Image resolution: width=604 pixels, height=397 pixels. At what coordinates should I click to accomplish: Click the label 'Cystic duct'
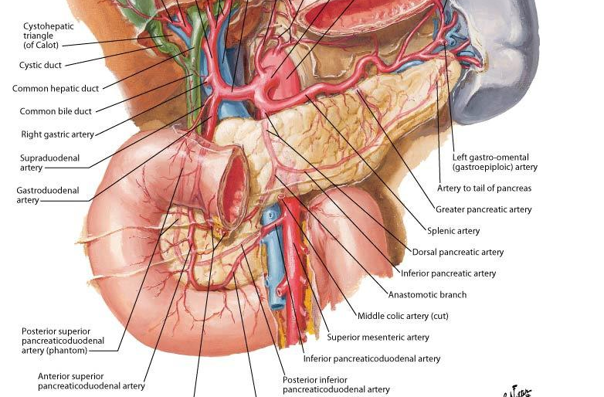pyautogui.click(x=40, y=66)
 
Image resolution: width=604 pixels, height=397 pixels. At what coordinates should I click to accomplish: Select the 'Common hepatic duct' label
pyautogui.click(x=56, y=89)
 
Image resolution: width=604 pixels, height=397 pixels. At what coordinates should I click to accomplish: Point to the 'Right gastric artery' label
pyautogui.click(x=57, y=134)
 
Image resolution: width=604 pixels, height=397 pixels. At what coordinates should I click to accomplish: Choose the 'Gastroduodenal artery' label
pyautogui.click(x=47, y=195)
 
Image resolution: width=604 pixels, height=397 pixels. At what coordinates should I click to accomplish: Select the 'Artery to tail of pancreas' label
pyautogui.click(x=484, y=188)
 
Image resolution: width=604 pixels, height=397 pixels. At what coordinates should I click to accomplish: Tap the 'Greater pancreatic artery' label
pyautogui.click(x=484, y=209)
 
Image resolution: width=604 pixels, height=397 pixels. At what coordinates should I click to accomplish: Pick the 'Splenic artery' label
pyautogui.click(x=453, y=231)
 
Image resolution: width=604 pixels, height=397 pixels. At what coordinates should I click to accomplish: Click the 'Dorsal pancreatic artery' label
pyautogui.click(x=457, y=252)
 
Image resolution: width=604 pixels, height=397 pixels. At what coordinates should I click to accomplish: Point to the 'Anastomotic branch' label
pyautogui.click(x=427, y=294)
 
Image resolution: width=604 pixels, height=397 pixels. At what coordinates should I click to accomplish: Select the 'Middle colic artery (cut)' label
pyautogui.click(x=402, y=316)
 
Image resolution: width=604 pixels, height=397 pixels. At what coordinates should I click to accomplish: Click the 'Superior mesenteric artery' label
pyautogui.click(x=378, y=337)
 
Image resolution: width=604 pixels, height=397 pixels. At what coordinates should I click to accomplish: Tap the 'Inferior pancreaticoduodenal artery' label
pyautogui.click(x=372, y=358)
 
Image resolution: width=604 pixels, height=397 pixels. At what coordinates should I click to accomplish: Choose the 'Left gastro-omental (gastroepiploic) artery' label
pyautogui.click(x=494, y=162)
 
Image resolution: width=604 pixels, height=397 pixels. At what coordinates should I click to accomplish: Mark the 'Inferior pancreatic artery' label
pyautogui.click(x=448, y=273)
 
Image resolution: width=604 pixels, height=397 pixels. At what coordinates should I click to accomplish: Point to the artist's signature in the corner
pyautogui.click(x=516, y=391)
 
